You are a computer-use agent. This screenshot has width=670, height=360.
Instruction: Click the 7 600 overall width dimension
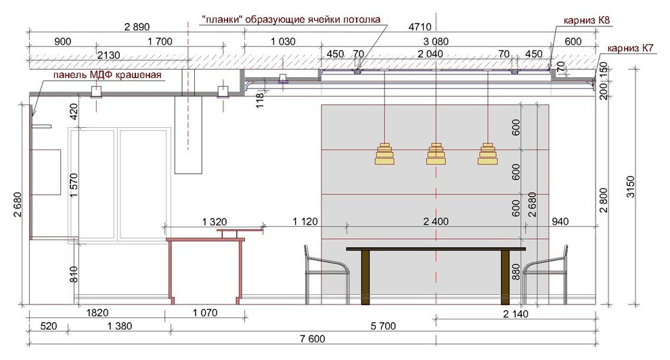(313, 339)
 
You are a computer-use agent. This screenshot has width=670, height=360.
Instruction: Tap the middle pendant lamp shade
(436, 154)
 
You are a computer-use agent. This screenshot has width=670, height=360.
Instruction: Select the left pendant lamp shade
(384, 154)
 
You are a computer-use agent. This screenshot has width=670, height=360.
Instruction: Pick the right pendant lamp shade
(487, 154)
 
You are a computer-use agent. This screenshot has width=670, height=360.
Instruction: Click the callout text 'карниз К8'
(587, 20)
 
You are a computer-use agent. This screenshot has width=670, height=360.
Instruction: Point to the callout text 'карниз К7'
(630, 48)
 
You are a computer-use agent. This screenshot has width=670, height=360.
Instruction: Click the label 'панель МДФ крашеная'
(107, 75)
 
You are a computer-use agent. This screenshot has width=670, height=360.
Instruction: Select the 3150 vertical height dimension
(631, 187)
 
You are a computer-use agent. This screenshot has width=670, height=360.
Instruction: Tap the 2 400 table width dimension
(436, 221)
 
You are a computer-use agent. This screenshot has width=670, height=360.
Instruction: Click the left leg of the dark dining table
(365, 277)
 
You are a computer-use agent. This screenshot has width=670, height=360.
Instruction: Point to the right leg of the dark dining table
(505, 277)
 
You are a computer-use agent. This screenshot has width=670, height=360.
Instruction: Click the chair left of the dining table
(327, 275)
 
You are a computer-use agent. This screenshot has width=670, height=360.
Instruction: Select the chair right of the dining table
(545, 275)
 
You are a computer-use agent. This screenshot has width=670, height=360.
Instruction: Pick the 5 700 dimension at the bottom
(383, 326)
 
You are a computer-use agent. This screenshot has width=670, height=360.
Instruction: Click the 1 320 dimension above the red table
(215, 222)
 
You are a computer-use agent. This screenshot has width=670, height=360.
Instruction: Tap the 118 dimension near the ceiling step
(260, 100)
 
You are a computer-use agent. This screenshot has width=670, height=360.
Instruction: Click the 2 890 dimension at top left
(137, 27)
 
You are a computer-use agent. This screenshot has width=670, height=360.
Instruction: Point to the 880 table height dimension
(516, 271)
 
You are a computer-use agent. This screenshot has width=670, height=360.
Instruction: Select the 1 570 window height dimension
(74, 185)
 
